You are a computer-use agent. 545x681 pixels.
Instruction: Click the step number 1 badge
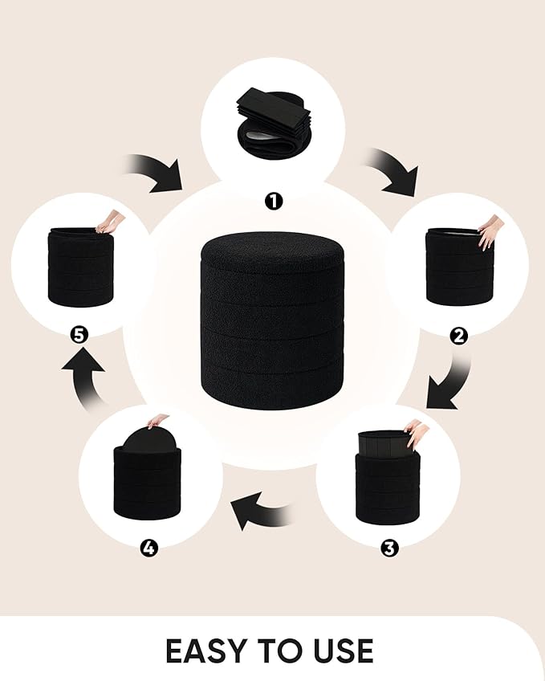pyautogui.click(x=274, y=201)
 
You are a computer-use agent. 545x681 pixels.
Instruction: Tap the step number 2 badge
pyautogui.click(x=458, y=336)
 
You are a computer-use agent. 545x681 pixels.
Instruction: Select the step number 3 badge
pyautogui.click(x=389, y=548)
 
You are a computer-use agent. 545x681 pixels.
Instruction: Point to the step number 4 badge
pyautogui.click(x=148, y=548)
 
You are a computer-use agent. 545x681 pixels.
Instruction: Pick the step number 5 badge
pyautogui.click(x=79, y=335)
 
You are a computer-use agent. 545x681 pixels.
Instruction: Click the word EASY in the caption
pyautogui.click(x=207, y=651)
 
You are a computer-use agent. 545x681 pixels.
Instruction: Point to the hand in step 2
pyautogui.click(x=490, y=231)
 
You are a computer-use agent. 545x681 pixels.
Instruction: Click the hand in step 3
pyautogui.click(x=417, y=433)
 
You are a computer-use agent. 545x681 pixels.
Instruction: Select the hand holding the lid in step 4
pyautogui.click(x=157, y=420)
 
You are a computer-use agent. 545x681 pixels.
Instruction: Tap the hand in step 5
pyautogui.click(x=111, y=222)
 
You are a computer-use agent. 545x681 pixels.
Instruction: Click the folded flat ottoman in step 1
pyautogui.click(x=275, y=124)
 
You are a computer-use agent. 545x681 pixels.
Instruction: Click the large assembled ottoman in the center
pyautogui.click(x=273, y=320)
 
